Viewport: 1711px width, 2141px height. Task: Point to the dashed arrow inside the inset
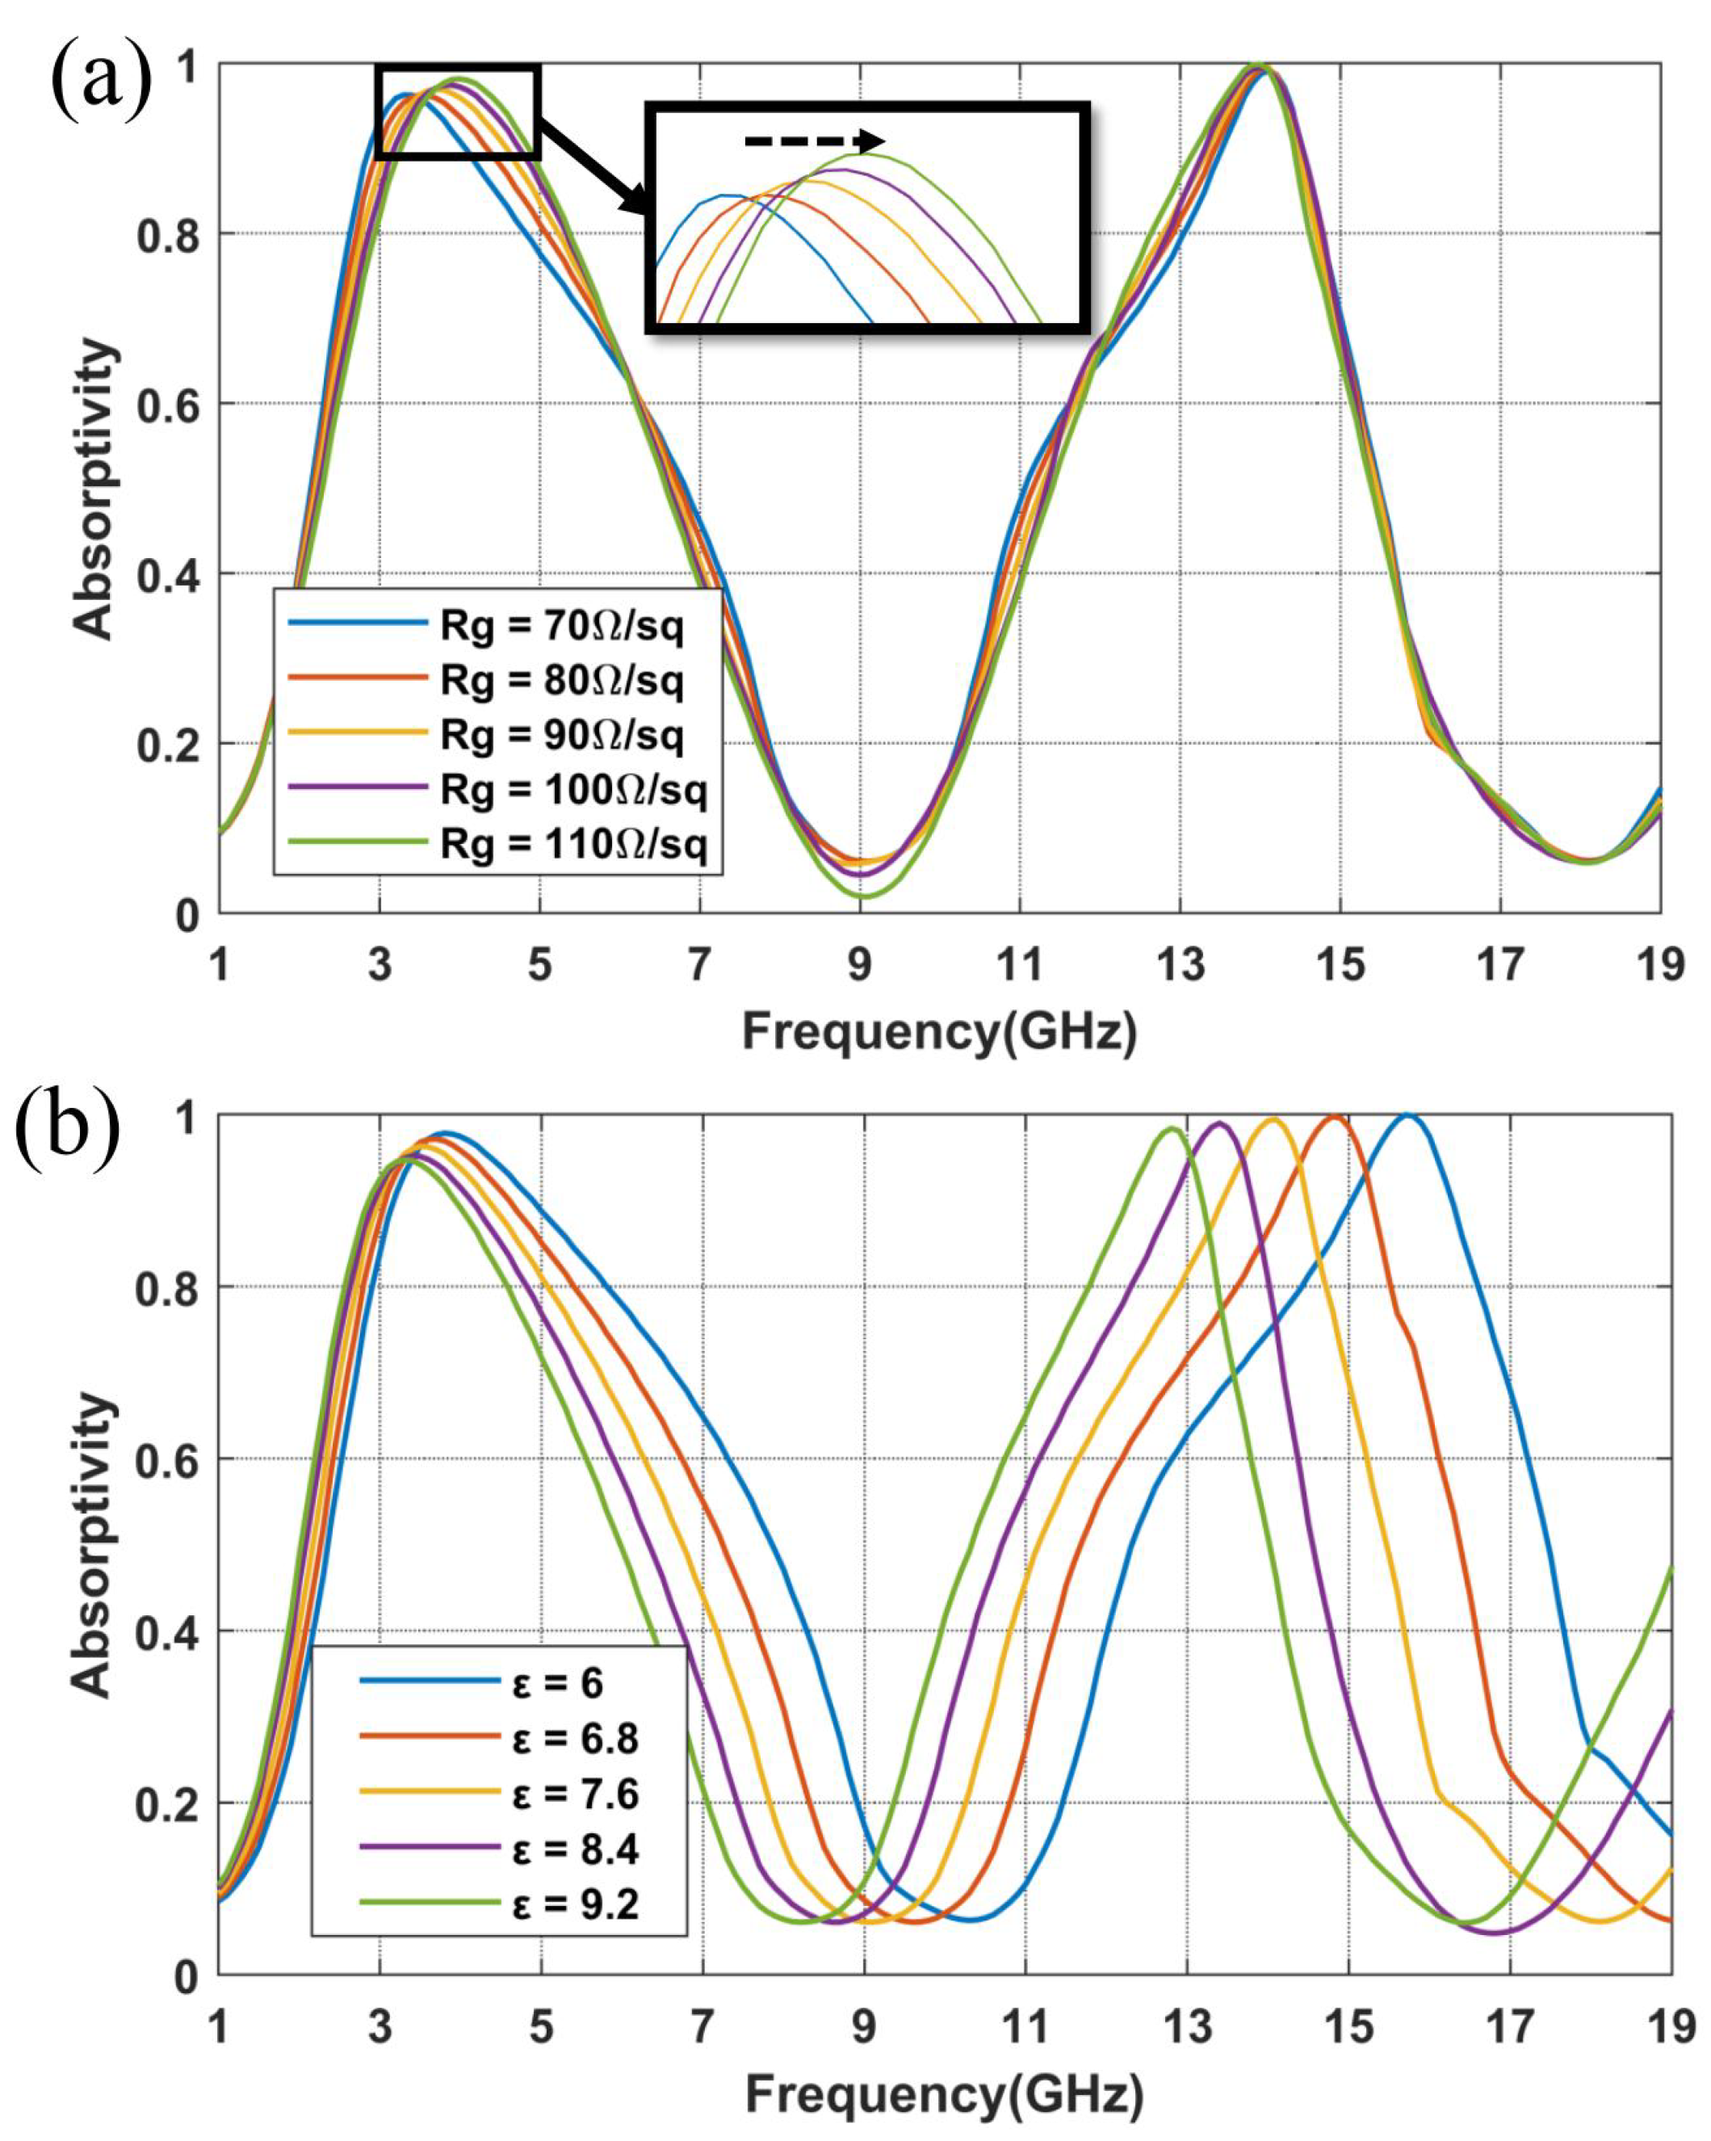coord(813,141)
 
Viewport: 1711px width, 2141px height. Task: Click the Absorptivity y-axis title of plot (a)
coord(94,488)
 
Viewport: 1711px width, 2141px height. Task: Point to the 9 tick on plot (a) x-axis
coord(860,963)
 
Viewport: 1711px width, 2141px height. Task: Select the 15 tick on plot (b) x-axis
coord(1348,2026)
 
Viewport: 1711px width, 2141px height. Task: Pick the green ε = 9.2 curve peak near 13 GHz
coord(1172,1128)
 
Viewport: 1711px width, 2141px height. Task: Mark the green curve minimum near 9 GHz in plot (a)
coord(862,896)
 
